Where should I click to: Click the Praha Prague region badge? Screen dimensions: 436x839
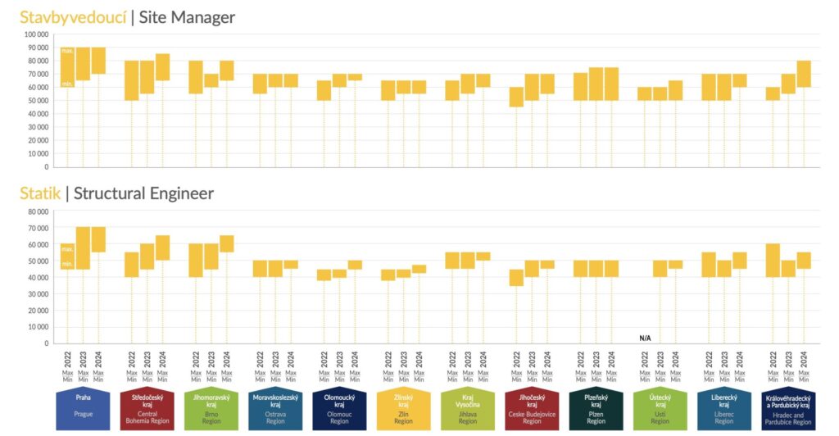click(83, 408)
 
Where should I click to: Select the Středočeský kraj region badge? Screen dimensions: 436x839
click(147, 408)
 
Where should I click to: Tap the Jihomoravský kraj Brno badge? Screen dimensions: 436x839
click(211, 408)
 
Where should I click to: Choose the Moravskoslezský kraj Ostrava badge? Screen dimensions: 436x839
click(275, 408)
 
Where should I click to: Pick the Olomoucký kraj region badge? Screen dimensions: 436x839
click(339, 408)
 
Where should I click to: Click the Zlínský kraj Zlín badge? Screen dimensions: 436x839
click(403, 408)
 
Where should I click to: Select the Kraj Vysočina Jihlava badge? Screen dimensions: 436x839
click(467, 408)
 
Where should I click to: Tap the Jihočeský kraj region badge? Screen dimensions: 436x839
click(532, 408)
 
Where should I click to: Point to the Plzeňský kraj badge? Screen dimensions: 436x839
click(596, 408)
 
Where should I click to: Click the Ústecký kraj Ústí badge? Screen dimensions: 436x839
click(660, 408)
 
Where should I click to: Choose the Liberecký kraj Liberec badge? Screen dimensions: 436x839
click(723, 408)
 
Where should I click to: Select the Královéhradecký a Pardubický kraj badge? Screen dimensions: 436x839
click(787, 408)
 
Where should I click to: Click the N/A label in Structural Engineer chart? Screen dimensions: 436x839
click(645, 338)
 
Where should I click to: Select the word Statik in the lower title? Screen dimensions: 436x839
click(40, 193)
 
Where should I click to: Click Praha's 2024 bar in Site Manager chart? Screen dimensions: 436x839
click(98, 61)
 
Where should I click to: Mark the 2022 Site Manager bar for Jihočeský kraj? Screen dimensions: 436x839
click(516, 97)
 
